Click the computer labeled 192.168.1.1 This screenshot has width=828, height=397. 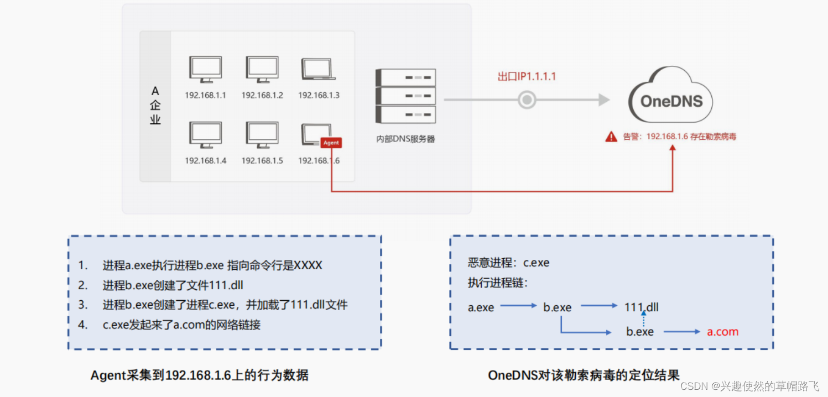point(205,70)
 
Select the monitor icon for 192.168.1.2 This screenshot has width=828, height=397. point(262,70)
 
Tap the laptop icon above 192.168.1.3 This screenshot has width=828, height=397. point(318,69)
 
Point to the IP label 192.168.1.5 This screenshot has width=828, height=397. point(262,161)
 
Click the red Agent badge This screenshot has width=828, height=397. point(331,143)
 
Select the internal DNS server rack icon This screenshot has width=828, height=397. point(405,96)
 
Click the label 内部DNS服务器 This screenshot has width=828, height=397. point(405,139)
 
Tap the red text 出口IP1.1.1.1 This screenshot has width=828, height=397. point(527,77)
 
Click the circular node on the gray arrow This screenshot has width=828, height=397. point(527,100)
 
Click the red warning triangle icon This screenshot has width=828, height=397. point(611,137)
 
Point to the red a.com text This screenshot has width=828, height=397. point(723,332)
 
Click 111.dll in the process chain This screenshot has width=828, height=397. point(642,307)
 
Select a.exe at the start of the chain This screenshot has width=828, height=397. point(481,307)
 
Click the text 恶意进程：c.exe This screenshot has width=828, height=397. point(508,263)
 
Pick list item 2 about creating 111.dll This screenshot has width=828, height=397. point(173,285)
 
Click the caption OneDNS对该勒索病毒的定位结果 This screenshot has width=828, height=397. point(584,375)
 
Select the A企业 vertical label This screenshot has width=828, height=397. point(155,105)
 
